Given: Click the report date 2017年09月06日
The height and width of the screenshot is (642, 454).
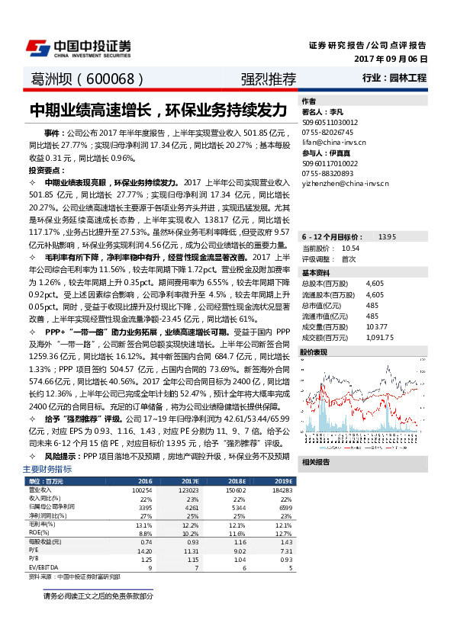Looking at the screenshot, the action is coord(391,59).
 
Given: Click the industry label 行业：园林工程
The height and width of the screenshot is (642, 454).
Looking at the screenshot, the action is coord(394,78).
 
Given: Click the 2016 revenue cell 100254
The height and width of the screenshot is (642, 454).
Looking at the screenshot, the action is coord(143,490).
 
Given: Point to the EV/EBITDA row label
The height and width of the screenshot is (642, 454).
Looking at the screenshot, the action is coord(43,567).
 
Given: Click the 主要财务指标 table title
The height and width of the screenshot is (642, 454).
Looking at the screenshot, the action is coord(47,469).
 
